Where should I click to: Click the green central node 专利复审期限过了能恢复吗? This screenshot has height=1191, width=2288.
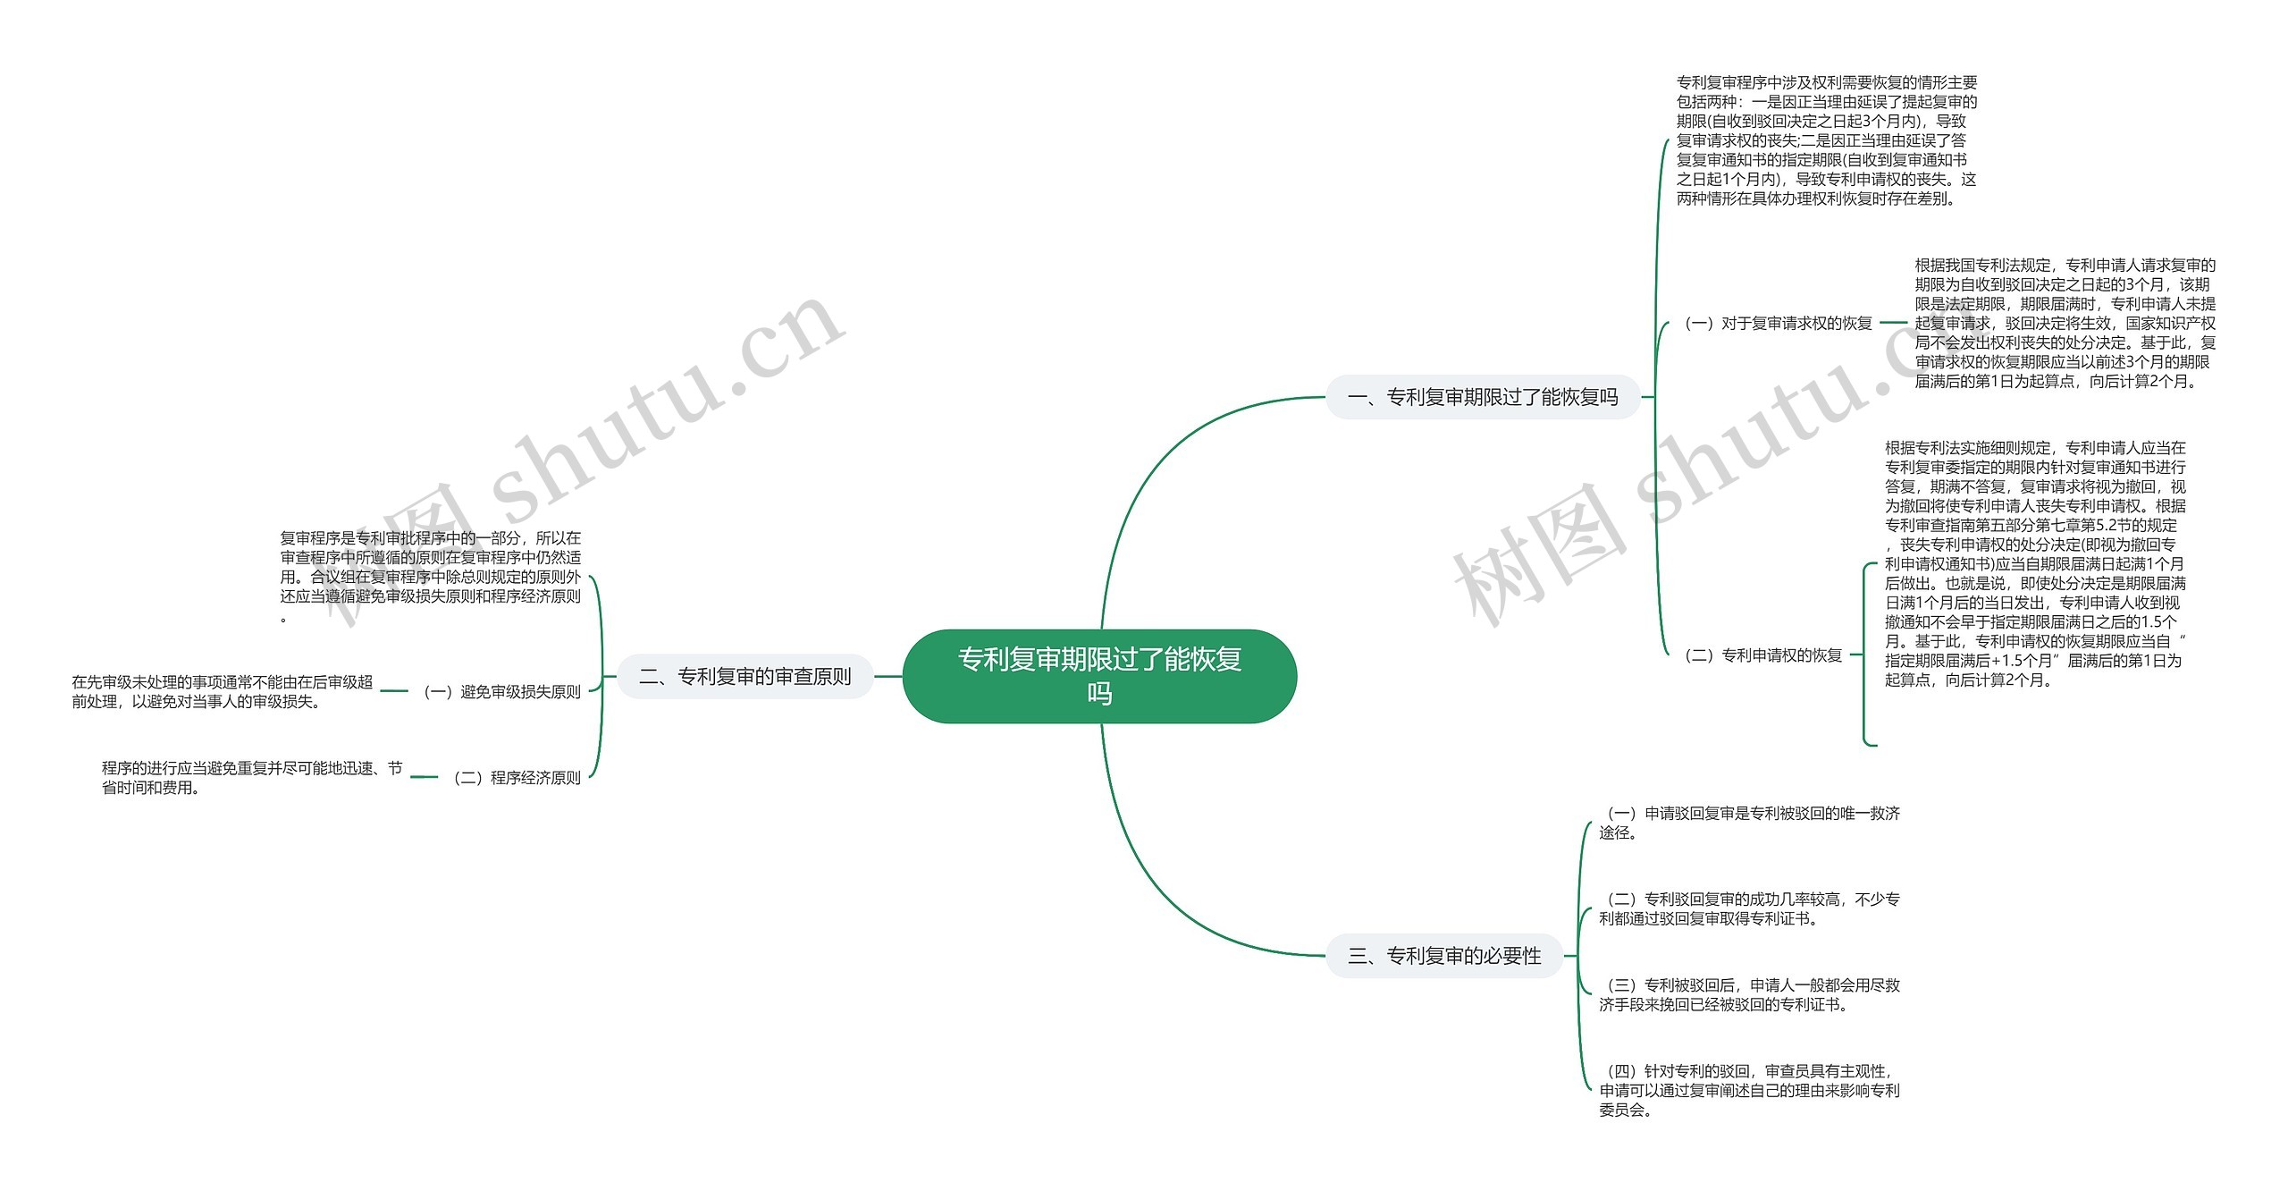coord(1099,676)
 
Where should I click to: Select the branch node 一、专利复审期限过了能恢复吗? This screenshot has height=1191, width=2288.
coord(1483,397)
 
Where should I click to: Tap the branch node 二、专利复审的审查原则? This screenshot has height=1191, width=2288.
coord(745,677)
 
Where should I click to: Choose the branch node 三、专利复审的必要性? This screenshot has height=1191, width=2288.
coord(1444,956)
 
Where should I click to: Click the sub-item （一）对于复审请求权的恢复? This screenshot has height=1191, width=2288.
coord(1777,323)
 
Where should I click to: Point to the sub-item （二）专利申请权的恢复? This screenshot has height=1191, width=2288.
coord(1762,655)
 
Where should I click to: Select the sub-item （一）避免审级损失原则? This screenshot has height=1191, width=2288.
coord(501,691)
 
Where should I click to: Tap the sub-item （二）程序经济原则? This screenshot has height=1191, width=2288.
coord(517,778)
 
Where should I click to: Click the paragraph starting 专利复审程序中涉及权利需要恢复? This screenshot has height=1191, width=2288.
coord(1826,140)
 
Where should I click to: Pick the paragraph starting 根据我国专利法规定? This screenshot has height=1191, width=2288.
coord(2065,323)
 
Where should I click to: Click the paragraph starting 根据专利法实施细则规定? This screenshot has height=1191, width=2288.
coord(2035,563)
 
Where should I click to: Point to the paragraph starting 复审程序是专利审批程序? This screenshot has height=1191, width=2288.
coord(430,576)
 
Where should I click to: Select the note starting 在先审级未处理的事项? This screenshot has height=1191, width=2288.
coord(222,691)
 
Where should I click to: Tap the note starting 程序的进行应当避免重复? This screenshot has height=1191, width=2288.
coord(251,778)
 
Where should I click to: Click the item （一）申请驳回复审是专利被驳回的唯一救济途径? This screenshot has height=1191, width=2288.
coord(1749,823)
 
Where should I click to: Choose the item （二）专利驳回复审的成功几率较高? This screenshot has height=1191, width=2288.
coord(1749,908)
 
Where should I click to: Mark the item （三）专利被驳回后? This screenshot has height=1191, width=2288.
coord(1749,994)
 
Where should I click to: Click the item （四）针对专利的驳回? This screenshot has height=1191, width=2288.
coord(1749,1090)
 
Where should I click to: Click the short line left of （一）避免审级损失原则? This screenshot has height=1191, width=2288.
coord(394,691)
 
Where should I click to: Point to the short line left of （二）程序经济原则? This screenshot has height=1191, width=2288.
coord(424,778)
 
